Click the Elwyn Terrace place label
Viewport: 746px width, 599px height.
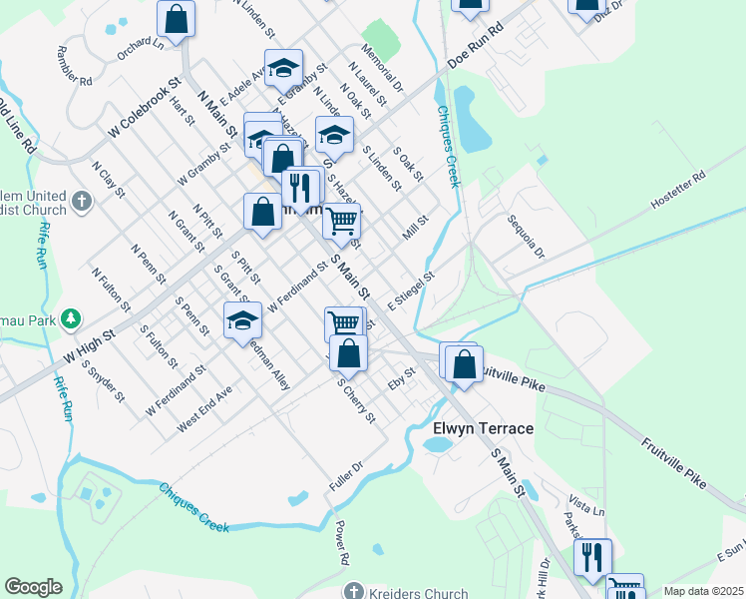click(x=483, y=428)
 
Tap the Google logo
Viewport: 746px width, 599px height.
click(x=33, y=587)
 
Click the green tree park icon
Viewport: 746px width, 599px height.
click(x=71, y=319)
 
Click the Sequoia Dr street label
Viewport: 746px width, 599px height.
click(x=526, y=235)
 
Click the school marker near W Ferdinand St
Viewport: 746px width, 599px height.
click(x=242, y=321)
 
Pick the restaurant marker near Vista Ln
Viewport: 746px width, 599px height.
click(x=592, y=556)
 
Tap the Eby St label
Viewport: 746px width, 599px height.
click(x=401, y=380)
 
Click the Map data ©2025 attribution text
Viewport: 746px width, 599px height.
click(x=703, y=591)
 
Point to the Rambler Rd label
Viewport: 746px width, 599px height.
click(x=75, y=66)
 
